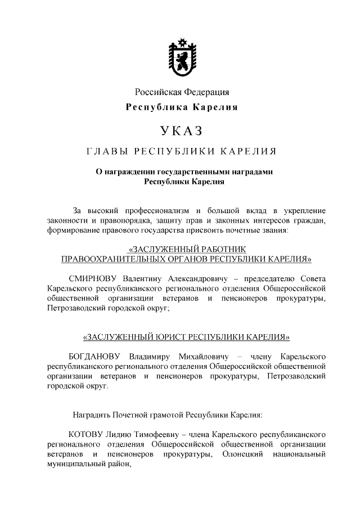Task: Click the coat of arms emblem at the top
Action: click(x=181, y=58)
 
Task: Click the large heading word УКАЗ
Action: click(x=181, y=132)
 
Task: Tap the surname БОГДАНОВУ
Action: click(x=96, y=357)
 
